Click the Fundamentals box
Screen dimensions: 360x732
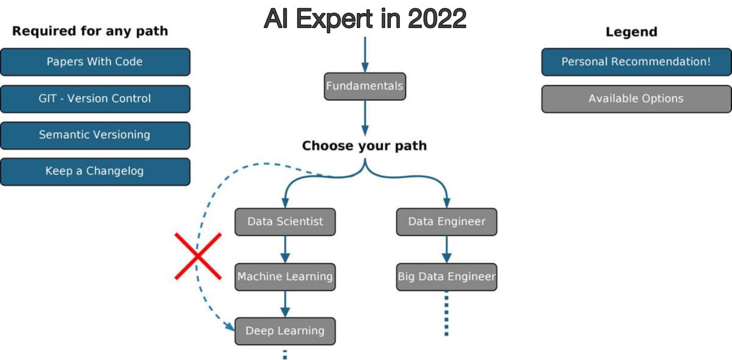click(x=365, y=86)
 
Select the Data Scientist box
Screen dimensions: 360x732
click(x=285, y=222)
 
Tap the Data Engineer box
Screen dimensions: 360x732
click(x=447, y=222)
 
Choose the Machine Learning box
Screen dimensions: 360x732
click(x=285, y=277)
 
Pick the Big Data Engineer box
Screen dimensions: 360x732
click(x=447, y=277)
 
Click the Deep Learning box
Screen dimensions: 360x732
click(x=285, y=331)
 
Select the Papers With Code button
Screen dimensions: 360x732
click(x=95, y=62)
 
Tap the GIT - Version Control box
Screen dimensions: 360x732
click(x=95, y=99)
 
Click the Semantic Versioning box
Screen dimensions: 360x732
click(x=95, y=135)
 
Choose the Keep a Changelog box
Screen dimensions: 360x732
click(x=95, y=172)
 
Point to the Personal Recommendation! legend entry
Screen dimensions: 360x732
click(x=636, y=62)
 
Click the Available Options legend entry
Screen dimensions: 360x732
click(x=636, y=99)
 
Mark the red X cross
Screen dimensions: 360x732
click(x=198, y=256)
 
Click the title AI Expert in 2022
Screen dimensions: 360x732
click(x=365, y=19)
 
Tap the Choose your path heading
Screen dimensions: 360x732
click(x=365, y=146)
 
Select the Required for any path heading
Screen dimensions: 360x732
click(x=90, y=31)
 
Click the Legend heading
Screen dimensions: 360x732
click(x=631, y=32)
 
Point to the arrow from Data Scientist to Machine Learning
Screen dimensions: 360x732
click(x=285, y=249)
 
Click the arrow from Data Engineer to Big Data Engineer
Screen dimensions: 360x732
click(x=447, y=249)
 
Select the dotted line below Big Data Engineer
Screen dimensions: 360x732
click(x=447, y=313)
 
